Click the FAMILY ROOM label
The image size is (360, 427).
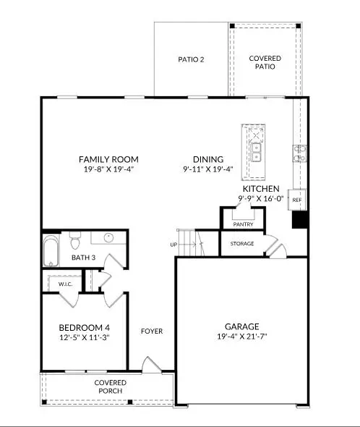(x=108, y=159)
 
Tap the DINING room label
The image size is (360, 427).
(x=207, y=159)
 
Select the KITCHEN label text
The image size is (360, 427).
(x=260, y=188)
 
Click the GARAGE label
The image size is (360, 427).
(x=241, y=326)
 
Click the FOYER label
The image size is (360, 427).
(x=151, y=331)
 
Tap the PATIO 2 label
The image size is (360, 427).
(x=191, y=59)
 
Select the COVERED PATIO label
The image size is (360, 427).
(x=265, y=62)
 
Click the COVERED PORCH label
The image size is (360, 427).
(x=110, y=386)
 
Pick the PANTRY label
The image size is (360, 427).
(x=242, y=225)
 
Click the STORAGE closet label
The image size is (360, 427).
(x=242, y=244)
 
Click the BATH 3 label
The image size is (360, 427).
(x=83, y=257)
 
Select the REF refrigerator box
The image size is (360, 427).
(x=296, y=200)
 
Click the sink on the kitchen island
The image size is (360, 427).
(x=255, y=151)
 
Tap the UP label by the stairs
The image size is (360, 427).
(x=173, y=245)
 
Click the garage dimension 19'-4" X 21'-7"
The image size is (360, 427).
(x=241, y=337)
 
